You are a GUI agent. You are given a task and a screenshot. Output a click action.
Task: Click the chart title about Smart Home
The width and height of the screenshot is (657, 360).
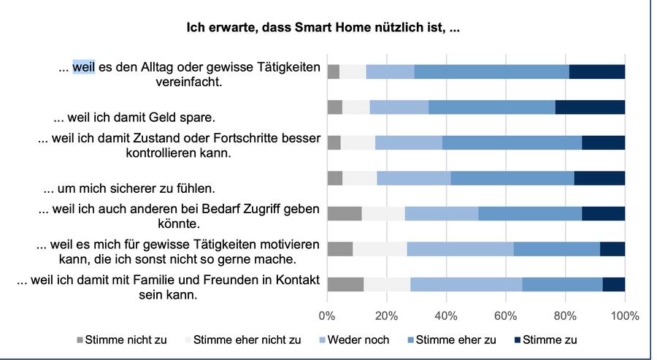pyautogui.click(x=328, y=28)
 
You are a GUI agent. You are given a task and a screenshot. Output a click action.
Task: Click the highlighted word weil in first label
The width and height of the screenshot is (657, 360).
pyautogui.click(x=82, y=67)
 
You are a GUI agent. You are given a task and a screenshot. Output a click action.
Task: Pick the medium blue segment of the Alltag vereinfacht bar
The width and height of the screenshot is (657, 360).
pyautogui.click(x=491, y=72)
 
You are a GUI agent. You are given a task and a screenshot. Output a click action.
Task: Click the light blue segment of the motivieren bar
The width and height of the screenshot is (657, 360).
pyautogui.click(x=460, y=248)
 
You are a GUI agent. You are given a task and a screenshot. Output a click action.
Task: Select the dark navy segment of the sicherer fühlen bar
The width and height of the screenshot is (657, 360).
pyautogui.click(x=599, y=178)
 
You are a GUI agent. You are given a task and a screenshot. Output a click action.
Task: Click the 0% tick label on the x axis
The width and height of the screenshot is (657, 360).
pyautogui.click(x=328, y=316)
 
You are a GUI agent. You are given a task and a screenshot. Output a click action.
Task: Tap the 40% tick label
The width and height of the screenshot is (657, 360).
pyautogui.click(x=446, y=316)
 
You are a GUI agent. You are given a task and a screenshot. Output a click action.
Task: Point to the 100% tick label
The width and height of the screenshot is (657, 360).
pyautogui.click(x=624, y=316)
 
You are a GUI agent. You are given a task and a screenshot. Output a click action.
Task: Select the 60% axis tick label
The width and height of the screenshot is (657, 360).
pyautogui.click(x=505, y=316)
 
